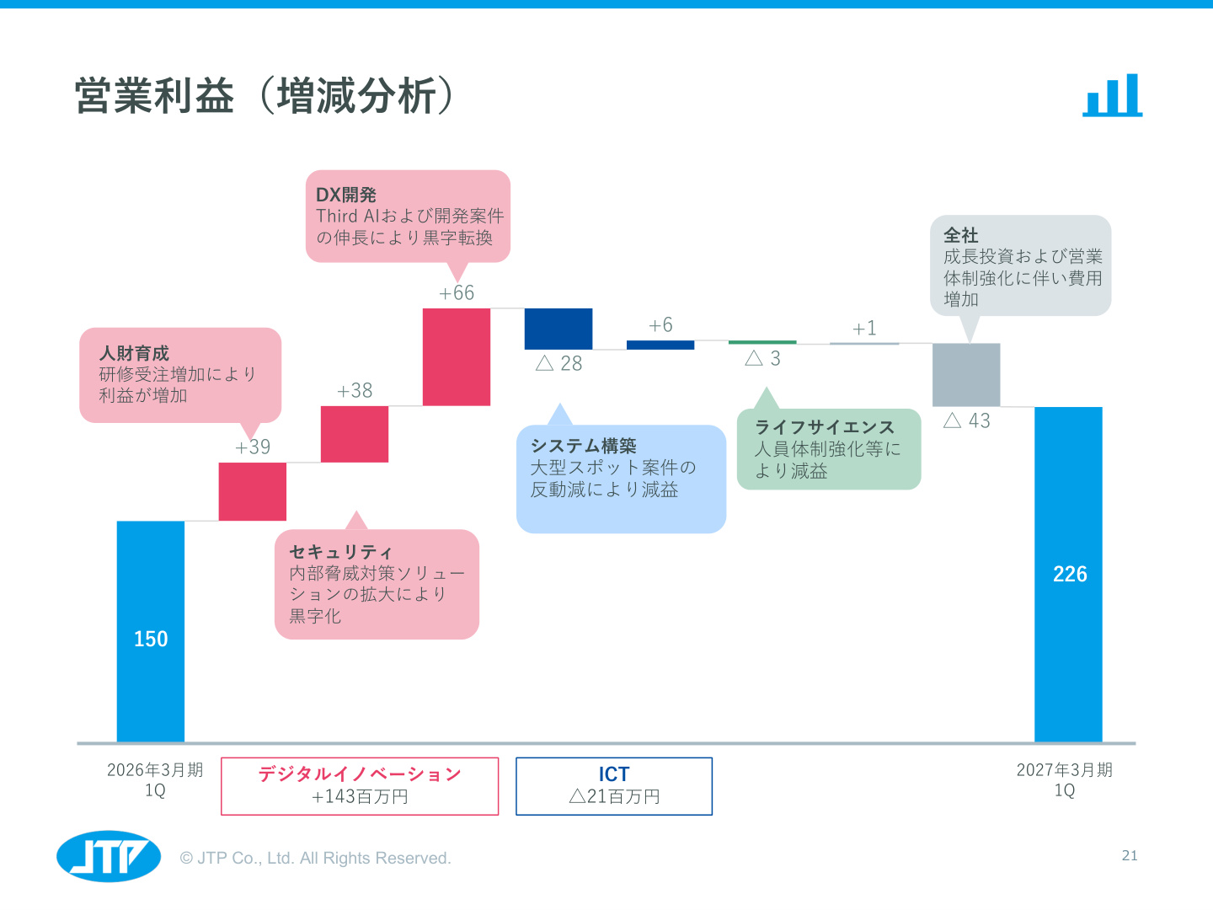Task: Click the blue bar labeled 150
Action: point(150,631)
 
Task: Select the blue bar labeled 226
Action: point(1068,574)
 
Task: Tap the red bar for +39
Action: point(253,491)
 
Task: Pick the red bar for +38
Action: point(355,434)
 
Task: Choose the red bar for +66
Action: point(457,357)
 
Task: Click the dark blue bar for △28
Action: point(558,329)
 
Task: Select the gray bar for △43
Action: point(966,375)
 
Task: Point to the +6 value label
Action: point(660,325)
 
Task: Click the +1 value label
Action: point(864,329)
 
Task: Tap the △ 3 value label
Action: point(762,359)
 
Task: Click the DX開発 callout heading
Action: point(346,195)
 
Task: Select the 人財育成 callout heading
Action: point(134,353)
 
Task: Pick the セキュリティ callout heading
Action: point(340,552)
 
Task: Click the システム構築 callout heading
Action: point(584,446)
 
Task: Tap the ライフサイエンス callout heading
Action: point(825,427)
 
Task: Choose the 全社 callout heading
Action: point(960,235)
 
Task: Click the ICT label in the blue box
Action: point(614,774)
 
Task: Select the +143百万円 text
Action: point(360,797)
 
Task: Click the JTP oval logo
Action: point(109,856)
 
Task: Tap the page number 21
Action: point(1130,855)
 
